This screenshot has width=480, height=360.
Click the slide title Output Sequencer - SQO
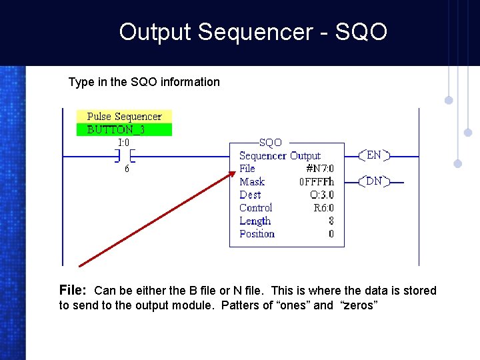click(253, 32)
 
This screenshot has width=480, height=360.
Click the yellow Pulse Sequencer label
click(124, 117)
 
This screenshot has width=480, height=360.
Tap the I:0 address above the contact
click(124, 142)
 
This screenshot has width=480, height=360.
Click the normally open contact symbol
click(124, 156)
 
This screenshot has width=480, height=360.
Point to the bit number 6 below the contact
click(127, 169)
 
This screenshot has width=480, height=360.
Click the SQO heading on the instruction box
click(270, 143)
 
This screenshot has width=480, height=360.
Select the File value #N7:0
click(319, 169)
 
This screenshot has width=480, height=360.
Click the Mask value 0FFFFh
click(317, 182)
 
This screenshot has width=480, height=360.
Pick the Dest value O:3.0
click(321, 195)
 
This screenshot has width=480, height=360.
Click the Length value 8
click(331, 221)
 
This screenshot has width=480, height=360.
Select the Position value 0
click(331, 234)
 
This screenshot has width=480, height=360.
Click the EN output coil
click(374, 155)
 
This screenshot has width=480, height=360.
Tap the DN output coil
click(374, 181)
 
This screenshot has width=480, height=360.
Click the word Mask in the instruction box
click(252, 182)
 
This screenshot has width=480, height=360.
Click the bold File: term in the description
click(73, 290)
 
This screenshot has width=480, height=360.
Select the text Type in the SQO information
click(144, 82)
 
